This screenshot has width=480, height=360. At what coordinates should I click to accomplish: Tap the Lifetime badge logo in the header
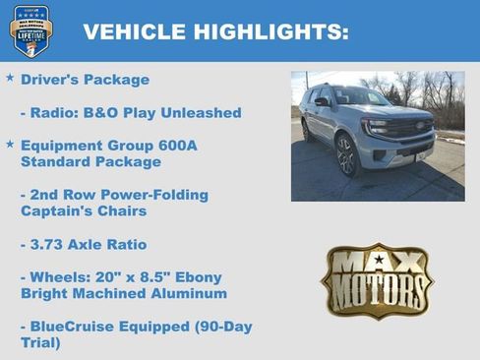[30, 30]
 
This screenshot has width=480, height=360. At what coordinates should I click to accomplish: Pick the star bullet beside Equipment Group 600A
[10, 144]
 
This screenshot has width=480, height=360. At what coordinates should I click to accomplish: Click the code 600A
[176, 146]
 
